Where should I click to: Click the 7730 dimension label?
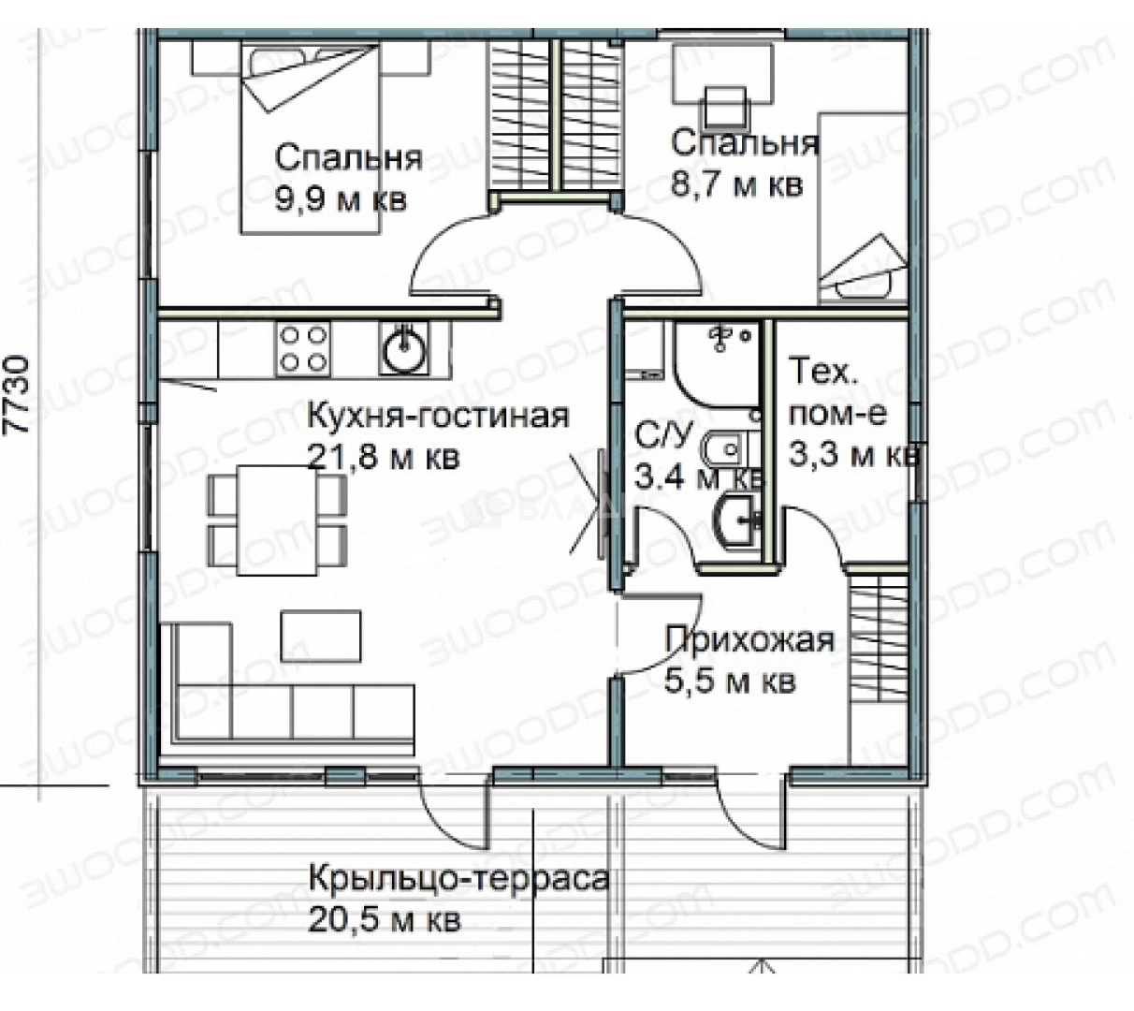16,394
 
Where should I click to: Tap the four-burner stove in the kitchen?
303,348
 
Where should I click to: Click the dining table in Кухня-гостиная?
277,520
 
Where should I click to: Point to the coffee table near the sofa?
321,636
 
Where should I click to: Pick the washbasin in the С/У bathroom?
737,520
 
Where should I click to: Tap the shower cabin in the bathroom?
717,363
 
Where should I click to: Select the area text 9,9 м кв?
341,200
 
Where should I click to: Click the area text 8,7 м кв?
736,184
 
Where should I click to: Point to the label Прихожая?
749,639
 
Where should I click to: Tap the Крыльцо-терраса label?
458,878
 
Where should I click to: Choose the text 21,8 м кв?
384,457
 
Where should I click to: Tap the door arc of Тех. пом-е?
822,520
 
